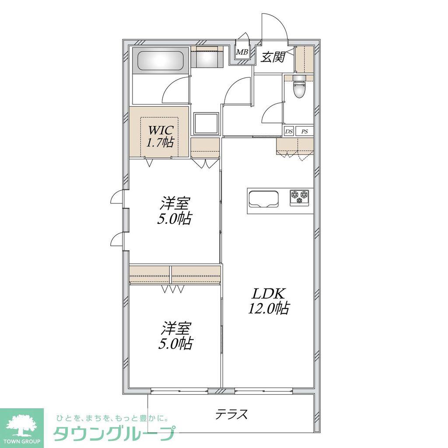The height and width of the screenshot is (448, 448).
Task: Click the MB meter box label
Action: pos(242,52)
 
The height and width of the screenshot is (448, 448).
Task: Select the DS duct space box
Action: pos(289,131)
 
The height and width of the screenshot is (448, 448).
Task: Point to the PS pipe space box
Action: pos(304,131)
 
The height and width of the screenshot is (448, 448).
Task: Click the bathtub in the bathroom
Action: pos(160,60)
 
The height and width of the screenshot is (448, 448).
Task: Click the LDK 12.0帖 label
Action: pos(268,301)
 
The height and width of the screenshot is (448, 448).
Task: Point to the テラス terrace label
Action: pos(231,414)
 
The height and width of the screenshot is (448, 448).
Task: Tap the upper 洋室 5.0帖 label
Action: pos(174,211)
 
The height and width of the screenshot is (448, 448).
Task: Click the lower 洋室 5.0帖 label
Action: pos(175,336)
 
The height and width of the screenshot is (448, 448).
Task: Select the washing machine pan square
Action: pos(206,123)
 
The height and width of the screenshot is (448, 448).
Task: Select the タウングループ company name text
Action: pos(114,434)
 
